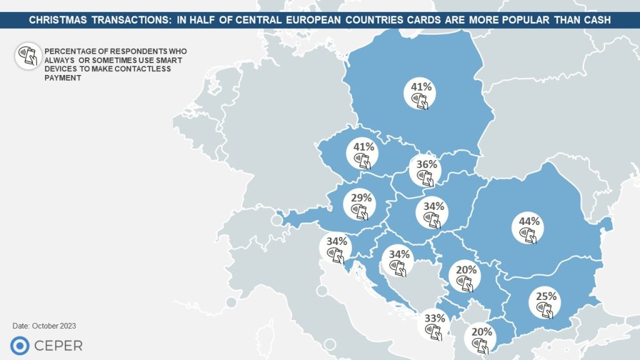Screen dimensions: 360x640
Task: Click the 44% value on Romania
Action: [x=529, y=221]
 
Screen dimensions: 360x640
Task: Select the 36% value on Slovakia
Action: [x=427, y=165]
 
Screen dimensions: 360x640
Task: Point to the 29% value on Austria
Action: [x=361, y=198]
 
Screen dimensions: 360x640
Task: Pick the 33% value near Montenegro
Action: [x=434, y=317]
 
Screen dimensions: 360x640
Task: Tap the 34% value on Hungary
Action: [x=433, y=206]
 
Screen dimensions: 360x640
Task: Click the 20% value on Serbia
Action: [x=466, y=270]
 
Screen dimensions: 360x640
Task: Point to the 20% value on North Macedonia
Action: [x=482, y=332]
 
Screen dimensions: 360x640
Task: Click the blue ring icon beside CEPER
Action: [x=19, y=346]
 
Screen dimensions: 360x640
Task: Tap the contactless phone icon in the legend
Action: [x=25, y=56]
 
